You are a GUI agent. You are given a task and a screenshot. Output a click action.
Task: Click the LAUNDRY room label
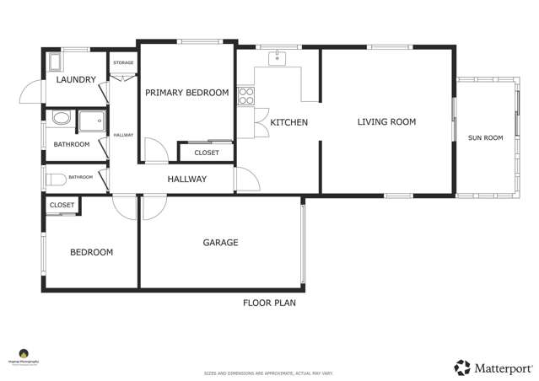tap(76, 80)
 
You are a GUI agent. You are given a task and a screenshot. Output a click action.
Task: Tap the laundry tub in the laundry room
tap(56, 62)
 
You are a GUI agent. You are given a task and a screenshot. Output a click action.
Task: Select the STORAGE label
tap(123, 63)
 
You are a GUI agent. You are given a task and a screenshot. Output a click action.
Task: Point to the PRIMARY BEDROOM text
tap(186, 93)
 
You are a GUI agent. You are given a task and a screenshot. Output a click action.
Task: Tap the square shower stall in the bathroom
tap(91, 123)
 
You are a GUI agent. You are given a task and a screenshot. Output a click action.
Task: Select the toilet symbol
tap(56, 179)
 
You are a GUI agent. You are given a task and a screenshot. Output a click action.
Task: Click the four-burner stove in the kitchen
tap(245, 96)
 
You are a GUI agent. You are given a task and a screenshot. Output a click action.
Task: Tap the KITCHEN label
tap(288, 123)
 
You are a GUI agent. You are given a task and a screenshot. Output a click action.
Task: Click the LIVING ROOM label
tap(386, 122)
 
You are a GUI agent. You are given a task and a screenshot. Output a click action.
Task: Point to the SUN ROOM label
tap(485, 137)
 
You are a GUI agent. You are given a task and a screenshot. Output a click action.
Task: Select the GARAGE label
tap(220, 243)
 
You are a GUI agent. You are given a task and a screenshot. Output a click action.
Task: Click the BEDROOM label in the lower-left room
tap(91, 252)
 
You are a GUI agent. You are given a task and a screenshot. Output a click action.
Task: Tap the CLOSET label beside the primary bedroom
tap(206, 153)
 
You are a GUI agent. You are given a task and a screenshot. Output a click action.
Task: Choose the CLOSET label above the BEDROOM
tap(62, 205)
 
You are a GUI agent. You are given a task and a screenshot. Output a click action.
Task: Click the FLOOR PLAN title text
tap(269, 303)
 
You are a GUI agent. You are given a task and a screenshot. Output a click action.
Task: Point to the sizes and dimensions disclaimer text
tap(269, 373)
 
